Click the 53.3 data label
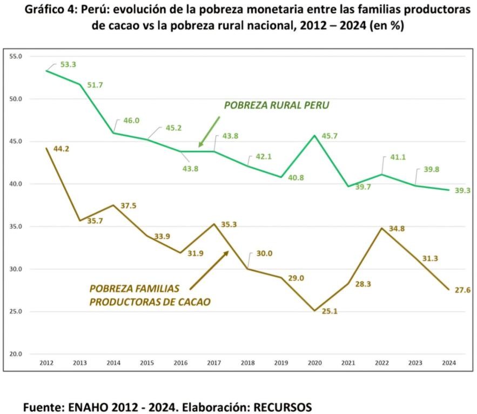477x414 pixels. point(68,64)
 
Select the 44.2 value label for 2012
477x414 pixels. point(61,149)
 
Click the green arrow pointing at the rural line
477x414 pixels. point(209,131)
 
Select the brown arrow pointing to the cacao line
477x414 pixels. point(209,270)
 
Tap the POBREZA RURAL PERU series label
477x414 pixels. point(277,106)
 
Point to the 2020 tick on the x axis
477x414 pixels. point(314,363)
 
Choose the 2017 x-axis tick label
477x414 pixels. point(214,363)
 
